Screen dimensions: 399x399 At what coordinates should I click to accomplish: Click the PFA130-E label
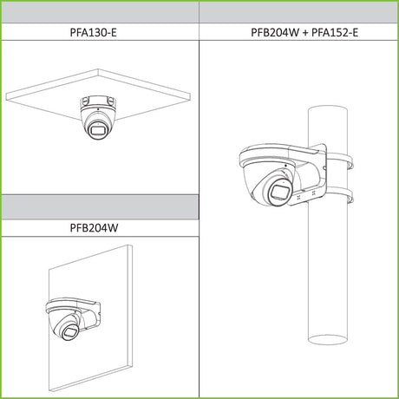[93, 32]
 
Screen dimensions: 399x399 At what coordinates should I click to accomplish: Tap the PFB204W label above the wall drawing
[94, 228]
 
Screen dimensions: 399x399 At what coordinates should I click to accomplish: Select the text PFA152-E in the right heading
[335, 32]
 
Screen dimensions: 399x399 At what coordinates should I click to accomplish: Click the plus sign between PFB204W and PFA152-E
[305, 32]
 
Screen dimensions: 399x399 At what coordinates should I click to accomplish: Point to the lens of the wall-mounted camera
[69, 332]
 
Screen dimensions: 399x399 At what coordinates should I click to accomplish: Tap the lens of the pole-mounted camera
[280, 192]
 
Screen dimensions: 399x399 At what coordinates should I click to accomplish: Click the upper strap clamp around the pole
[340, 160]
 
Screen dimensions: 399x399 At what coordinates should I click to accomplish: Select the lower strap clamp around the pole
[340, 194]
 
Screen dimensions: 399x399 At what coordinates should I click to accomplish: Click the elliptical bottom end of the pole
[327, 339]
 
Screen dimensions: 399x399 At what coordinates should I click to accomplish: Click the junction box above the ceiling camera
[98, 101]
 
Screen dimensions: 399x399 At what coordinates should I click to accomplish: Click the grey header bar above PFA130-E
[100, 12]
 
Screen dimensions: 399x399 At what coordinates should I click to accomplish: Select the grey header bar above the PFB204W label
[100, 207]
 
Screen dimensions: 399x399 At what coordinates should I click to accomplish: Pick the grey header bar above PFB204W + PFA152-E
[298, 12]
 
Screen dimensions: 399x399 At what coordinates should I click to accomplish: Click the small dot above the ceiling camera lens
[98, 109]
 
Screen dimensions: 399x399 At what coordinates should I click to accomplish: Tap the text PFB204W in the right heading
[275, 32]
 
